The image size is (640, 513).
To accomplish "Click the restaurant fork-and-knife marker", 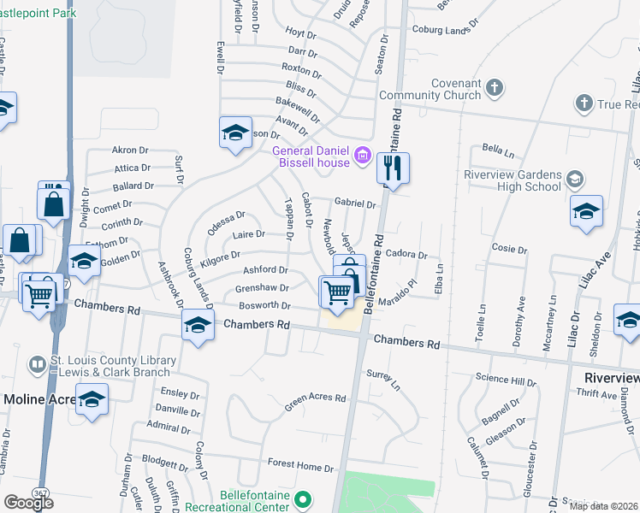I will click(x=393, y=168).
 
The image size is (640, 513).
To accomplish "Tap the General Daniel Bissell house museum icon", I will click(x=361, y=156).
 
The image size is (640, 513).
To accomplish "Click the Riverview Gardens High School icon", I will click(x=576, y=179).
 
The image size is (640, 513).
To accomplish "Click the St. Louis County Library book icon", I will click(x=37, y=365).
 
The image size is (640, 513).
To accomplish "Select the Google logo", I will click(x=28, y=502).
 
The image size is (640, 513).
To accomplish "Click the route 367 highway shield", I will click(x=40, y=494).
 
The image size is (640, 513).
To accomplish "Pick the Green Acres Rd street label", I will click(x=316, y=398).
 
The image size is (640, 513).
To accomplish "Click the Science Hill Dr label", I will click(x=506, y=380).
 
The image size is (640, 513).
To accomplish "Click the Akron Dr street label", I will click(x=131, y=150).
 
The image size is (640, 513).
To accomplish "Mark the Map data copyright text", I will click(x=603, y=506).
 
